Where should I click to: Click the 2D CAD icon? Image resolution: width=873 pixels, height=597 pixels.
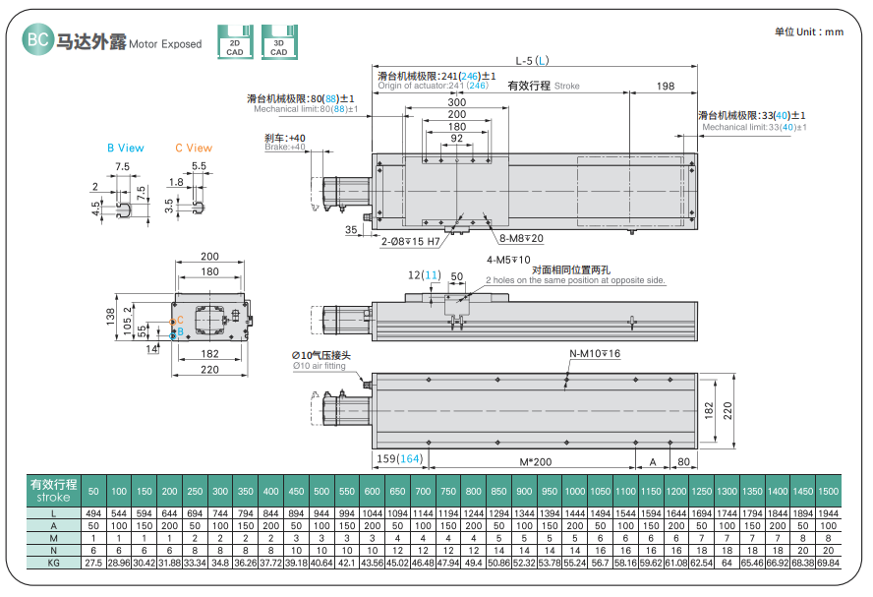pyautogui.click(x=234, y=42)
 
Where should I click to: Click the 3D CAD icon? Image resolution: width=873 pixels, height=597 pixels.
pyautogui.click(x=279, y=42)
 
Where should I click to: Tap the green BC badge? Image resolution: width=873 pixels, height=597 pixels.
pyautogui.click(x=37, y=42)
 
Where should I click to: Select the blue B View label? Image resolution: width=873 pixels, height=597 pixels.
pyautogui.click(x=125, y=149)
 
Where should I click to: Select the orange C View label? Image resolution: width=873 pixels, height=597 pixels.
pyautogui.click(x=194, y=149)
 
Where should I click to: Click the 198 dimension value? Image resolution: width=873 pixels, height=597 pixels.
pyautogui.click(x=665, y=87)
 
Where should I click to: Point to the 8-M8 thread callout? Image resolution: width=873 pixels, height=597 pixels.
pyautogui.click(x=521, y=238)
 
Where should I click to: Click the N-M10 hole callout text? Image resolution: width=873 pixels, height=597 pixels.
pyautogui.click(x=595, y=353)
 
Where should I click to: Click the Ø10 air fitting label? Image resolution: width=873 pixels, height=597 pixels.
pyautogui.click(x=320, y=355)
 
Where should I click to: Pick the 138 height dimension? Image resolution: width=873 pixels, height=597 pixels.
pyautogui.click(x=110, y=315)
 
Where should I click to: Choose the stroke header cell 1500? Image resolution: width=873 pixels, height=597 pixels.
pyautogui.click(x=829, y=490)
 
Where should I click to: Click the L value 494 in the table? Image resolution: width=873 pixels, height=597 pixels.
pyautogui.click(x=93, y=514)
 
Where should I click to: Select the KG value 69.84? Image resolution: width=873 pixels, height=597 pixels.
pyautogui.click(x=829, y=562)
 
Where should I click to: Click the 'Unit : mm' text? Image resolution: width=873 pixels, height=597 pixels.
pyautogui.click(x=809, y=31)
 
